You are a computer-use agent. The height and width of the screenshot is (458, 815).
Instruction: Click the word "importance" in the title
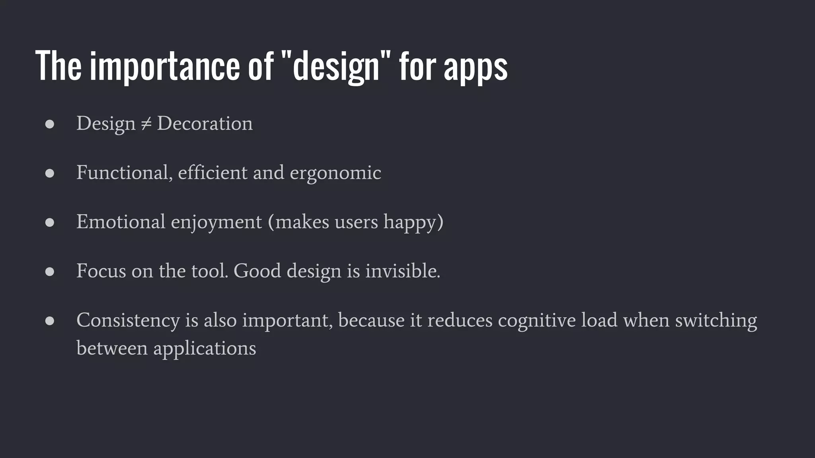164,66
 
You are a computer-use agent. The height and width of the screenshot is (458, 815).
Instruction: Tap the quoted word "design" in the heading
336,66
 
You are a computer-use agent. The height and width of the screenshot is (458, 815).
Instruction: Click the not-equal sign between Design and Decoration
146,124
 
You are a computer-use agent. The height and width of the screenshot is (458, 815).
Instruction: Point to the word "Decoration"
205,123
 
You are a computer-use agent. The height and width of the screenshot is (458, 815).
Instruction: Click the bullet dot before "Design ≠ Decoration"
50,124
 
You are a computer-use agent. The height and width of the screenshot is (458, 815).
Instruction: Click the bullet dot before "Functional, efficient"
50,173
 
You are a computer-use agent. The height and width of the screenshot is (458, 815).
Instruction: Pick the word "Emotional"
121,221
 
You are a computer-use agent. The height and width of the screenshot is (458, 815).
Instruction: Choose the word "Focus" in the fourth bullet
101,271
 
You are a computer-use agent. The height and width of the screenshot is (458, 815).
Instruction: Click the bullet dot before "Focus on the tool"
50,272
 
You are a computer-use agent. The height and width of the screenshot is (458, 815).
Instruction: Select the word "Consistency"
128,320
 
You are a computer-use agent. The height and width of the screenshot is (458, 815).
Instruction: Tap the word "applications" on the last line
205,349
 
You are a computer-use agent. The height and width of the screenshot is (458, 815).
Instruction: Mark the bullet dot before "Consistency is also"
50,321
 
